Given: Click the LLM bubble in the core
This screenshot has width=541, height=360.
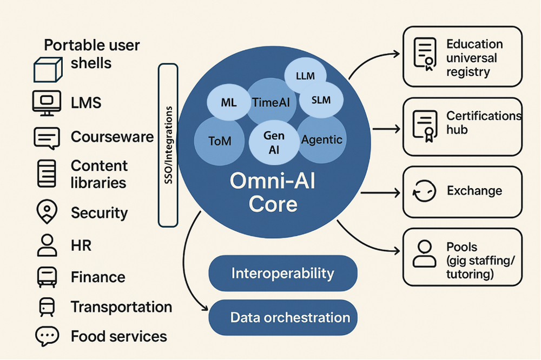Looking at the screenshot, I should [x=306, y=76].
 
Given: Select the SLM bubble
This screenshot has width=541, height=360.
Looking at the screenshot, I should [x=321, y=100].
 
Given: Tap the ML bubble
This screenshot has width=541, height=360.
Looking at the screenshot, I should [x=229, y=102].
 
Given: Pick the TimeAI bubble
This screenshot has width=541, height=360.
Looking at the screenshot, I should [x=271, y=103].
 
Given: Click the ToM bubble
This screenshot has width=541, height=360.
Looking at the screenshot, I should [x=220, y=141].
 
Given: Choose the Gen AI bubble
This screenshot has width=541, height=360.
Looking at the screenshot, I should [x=274, y=143].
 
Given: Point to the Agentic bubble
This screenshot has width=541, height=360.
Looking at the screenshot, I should [x=322, y=140].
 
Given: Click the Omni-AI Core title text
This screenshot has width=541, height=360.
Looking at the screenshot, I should [x=273, y=192].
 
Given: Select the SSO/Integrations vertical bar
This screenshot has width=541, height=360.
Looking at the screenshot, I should [x=168, y=145].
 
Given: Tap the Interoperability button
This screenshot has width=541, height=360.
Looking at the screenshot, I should [x=282, y=274].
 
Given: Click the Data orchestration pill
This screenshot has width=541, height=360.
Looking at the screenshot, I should [x=282, y=317].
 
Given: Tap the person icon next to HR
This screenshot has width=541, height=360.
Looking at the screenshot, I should [x=47, y=245].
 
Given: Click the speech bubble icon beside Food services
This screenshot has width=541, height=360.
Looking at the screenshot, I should [x=47, y=336].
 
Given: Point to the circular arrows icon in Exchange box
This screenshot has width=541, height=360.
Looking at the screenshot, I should [x=424, y=192].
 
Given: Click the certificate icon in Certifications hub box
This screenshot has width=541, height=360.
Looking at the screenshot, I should [x=424, y=125].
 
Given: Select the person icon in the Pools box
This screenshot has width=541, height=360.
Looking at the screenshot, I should [x=424, y=254].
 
